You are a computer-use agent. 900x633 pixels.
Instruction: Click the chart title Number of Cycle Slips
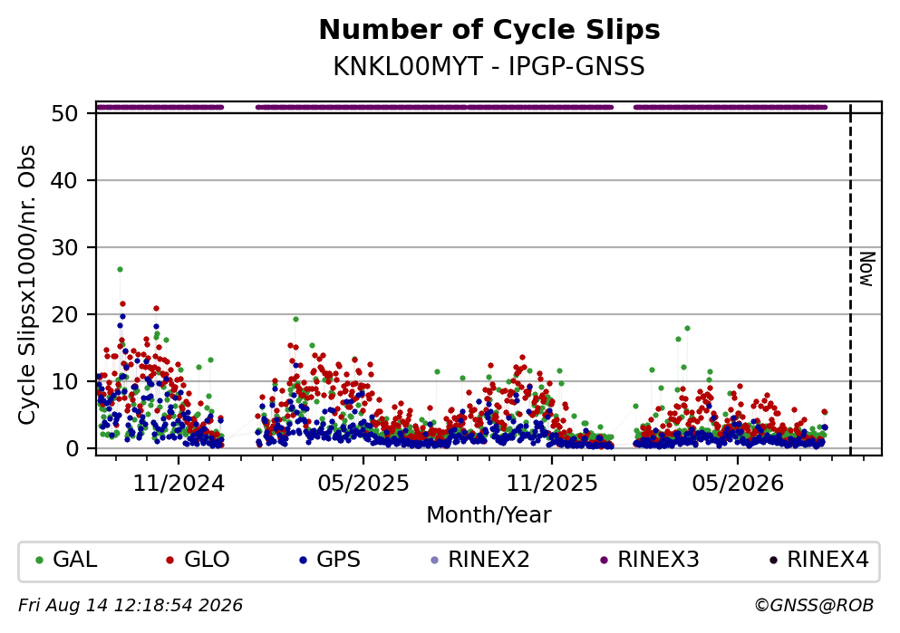(489, 30)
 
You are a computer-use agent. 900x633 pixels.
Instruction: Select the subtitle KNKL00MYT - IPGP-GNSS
(489, 66)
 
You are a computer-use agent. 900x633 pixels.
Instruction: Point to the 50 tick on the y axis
(64, 113)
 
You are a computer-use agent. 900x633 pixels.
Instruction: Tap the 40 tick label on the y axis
(64, 180)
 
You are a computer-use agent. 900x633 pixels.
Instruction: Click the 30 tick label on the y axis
(64, 248)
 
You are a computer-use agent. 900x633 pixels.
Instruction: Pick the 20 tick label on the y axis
(64, 315)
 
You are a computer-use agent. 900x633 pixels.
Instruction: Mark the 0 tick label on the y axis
(72, 448)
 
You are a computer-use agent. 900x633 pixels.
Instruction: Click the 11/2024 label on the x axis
(179, 484)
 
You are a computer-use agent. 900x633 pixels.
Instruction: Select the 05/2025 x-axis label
(363, 484)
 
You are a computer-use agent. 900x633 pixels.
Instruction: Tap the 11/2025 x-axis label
(552, 484)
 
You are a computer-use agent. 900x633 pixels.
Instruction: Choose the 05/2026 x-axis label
(738, 484)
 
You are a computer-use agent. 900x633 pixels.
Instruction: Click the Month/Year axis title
(489, 515)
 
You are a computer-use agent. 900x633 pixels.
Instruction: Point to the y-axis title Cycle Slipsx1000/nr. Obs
(27, 285)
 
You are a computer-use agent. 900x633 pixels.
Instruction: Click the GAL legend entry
(66, 560)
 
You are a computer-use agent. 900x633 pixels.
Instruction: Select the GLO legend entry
(198, 560)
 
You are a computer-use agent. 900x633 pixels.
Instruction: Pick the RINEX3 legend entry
(650, 560)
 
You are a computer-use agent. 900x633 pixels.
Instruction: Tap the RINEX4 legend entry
(819, 560)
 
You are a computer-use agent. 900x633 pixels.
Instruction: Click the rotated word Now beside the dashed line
(866, 269)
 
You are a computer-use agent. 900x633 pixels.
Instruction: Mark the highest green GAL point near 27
(120, 270)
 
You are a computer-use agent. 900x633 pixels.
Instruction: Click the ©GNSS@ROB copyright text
(815, 606)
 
